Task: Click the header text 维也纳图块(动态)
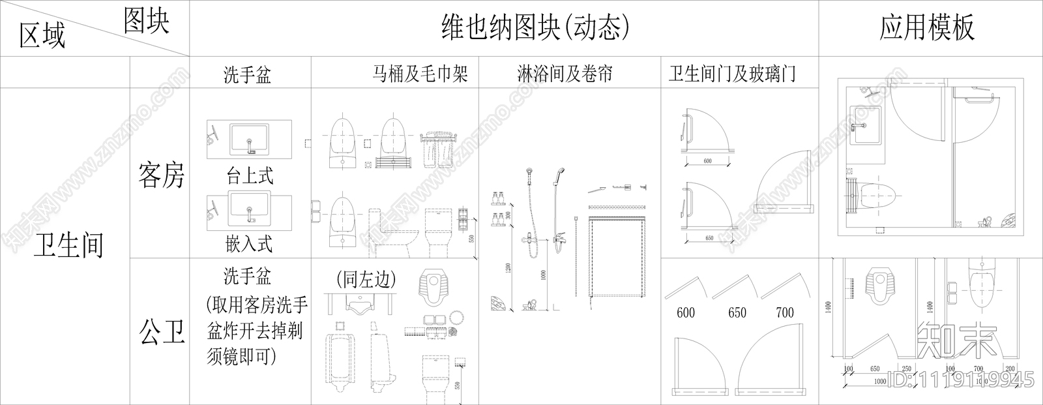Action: pos(535,27)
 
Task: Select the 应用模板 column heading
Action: pos(926,27)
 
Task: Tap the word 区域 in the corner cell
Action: pos(42,35)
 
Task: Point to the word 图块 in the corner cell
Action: pos(146,22)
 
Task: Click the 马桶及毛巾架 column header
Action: pos(420,74)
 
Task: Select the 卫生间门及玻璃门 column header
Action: pos(731,74)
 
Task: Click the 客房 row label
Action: pos(161,175)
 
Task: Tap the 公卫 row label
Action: pos(161,332)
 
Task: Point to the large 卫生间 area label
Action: pos(68,247)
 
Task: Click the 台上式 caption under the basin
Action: pos(250,175)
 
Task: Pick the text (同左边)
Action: pos(366,280)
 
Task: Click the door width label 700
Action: pos(785,312)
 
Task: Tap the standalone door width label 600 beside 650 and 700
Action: pos(686,312)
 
